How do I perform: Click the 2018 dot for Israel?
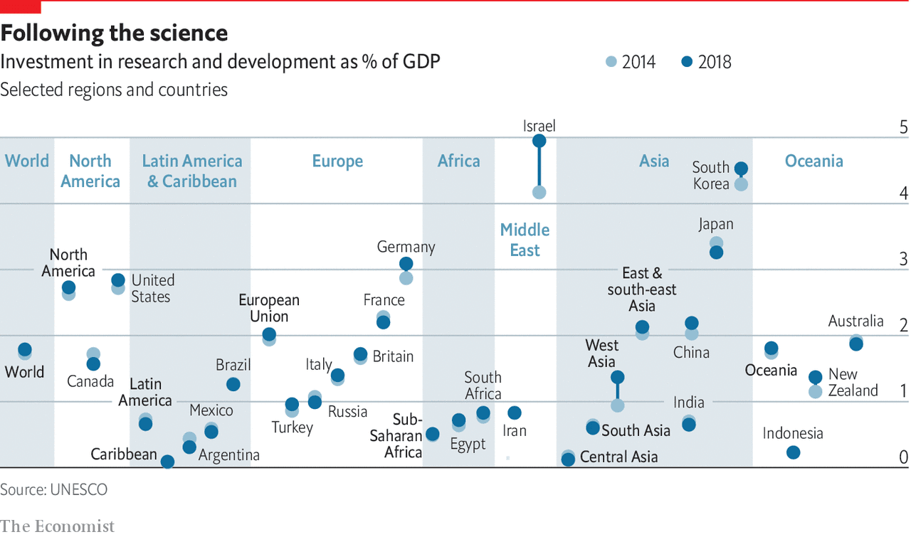[539, 141]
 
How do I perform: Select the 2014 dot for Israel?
[539, 192]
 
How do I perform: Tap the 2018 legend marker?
[686, 62]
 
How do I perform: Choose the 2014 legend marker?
[611, 62]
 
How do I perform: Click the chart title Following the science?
[114, 33]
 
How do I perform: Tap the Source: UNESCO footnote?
[53, 489]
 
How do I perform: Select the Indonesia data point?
[794, 452]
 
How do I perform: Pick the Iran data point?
[515, 413]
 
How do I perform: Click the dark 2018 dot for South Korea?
[741, 169]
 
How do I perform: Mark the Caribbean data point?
[167, 462]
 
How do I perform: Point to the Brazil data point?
[233, 384]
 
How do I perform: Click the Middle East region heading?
[525, 240]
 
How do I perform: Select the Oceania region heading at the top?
[813, 161]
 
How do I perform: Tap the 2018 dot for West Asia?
[618, 377]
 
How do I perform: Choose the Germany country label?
[406, 247]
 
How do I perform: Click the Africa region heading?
[458, 161]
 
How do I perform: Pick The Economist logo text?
[57, 526]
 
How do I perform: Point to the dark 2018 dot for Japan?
[717, 252]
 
